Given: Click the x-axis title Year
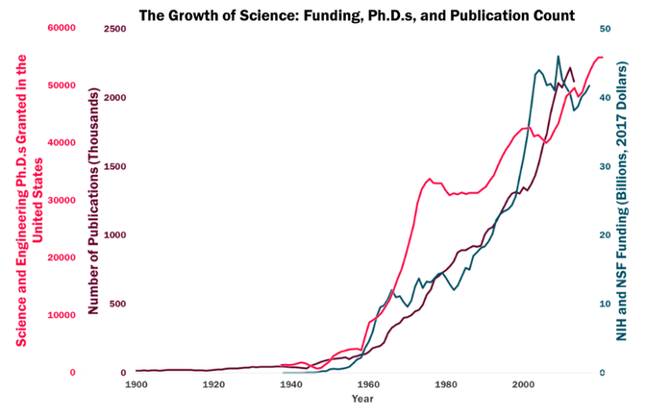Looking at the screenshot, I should click(362, 398).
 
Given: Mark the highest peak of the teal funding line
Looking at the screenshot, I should click(559, 56).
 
